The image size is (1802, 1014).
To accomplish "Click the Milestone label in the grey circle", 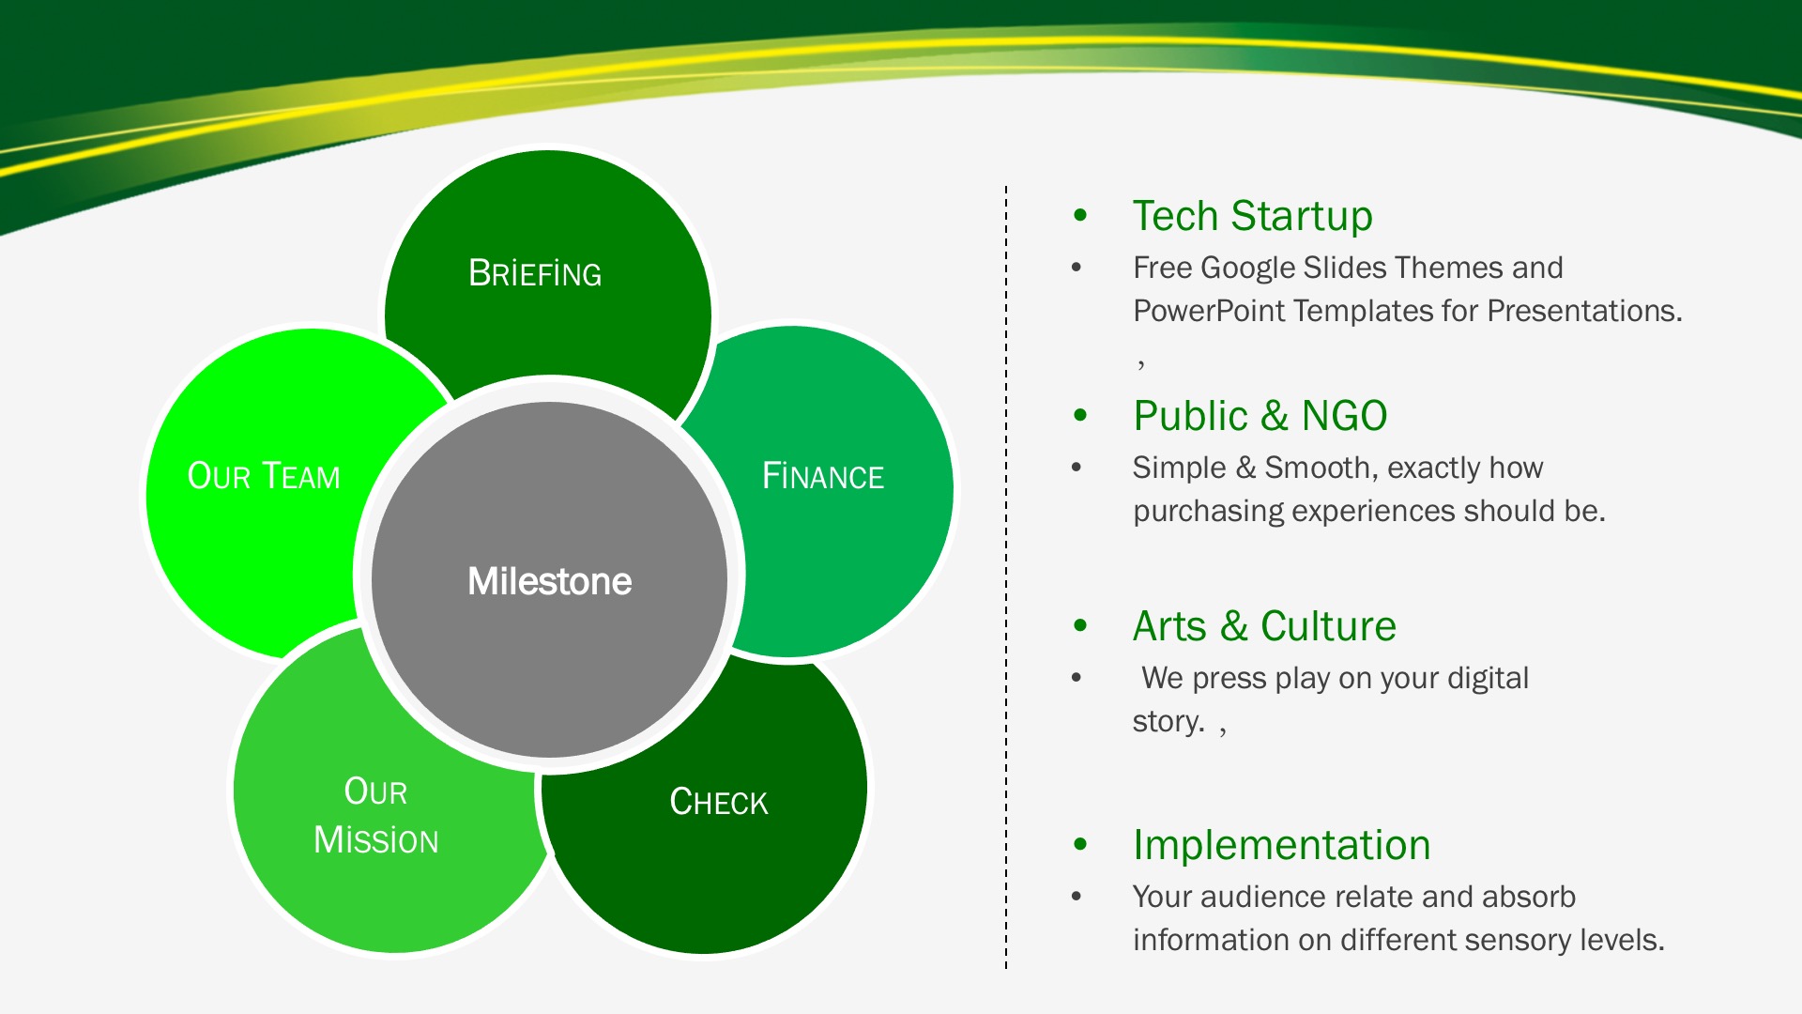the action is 549,581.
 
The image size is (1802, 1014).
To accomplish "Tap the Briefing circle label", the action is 535,273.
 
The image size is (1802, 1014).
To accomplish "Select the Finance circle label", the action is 823,476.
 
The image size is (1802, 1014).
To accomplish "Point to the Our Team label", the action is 264,476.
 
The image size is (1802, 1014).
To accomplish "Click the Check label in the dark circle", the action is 719,802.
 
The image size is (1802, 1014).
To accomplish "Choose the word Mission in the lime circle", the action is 376,840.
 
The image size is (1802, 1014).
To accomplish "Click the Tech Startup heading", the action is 1252,216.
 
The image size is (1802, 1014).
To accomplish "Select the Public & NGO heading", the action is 1260,416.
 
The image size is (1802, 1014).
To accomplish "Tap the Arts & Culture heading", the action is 1264,626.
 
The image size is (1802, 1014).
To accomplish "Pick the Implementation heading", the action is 1281,845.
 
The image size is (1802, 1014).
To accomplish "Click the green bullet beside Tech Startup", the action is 1080,216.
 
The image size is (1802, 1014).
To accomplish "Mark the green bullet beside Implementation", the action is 1080,845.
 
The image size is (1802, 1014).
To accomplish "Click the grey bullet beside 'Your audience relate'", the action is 1077,897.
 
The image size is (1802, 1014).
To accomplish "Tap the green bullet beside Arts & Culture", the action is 1080,626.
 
